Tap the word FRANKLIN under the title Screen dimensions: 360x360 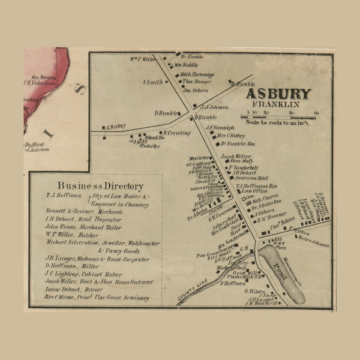click(281, 104)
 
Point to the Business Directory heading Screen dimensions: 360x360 click(100, 185)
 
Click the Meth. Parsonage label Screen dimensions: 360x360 click(199, 74)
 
